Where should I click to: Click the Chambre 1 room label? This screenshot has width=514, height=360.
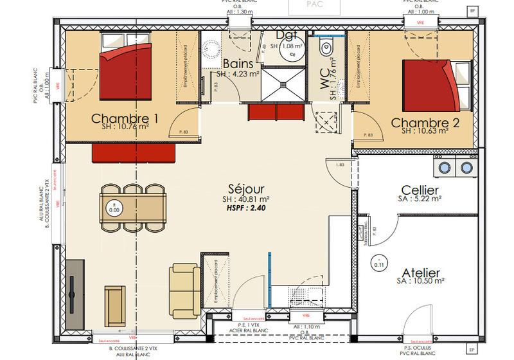click(125, 118)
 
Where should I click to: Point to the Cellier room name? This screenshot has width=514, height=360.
click(420, 190)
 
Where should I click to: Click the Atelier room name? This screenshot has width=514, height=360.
click(421, 272)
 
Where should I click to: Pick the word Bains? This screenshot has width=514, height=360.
click(237, 64)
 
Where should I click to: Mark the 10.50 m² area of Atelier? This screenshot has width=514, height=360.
click(426, 281)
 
